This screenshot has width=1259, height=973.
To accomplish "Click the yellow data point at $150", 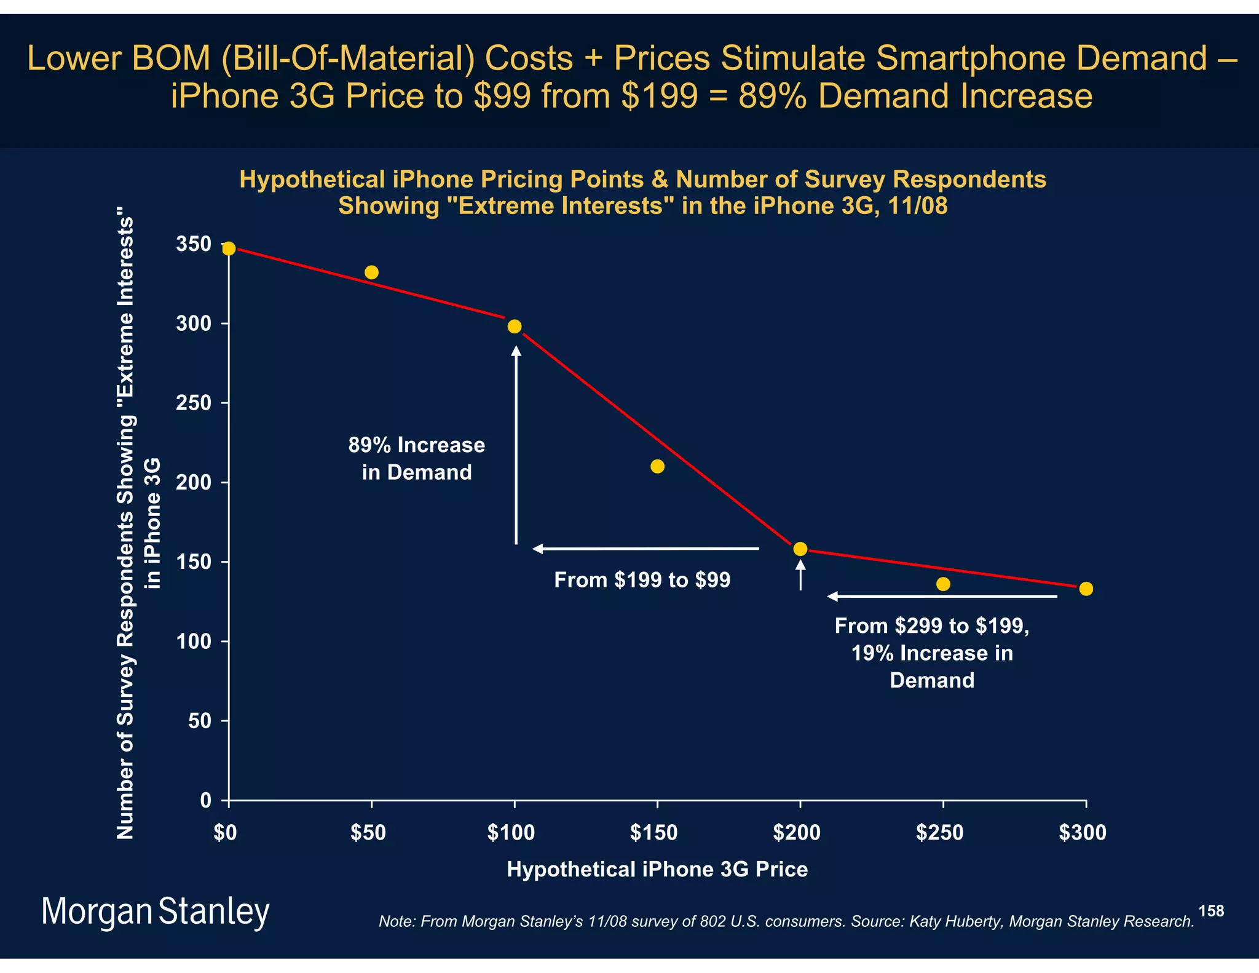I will tap(657, 466).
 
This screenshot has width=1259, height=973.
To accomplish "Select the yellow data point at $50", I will tap(371, 272).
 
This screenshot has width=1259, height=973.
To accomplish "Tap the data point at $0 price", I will tap(229, 248).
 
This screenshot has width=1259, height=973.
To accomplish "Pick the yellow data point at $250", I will tap(943, 584).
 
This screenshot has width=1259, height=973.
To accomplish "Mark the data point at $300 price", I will tap(1086, 589).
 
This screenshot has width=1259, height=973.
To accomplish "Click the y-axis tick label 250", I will tap(194, 403).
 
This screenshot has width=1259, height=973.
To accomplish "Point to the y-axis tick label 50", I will tap(200, 721).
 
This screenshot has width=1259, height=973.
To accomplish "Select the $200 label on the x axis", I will tap(797, 833).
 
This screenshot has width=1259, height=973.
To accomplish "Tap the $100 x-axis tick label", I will tap(511, 833).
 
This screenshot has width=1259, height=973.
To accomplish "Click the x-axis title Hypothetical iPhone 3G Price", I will tap(657, 869).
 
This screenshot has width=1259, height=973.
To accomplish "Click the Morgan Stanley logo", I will tap(155, 912).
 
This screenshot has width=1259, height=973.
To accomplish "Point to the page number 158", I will tap(1211, 911).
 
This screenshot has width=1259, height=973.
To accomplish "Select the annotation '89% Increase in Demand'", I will tap(417, 458).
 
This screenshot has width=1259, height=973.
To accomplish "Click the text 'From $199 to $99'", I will tap(642, 580).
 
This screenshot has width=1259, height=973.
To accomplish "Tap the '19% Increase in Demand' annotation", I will tap(932, 653).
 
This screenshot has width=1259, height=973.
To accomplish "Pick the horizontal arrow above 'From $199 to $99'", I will tap(645, 549).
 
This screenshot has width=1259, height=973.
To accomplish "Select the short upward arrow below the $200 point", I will tap(800, 576).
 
